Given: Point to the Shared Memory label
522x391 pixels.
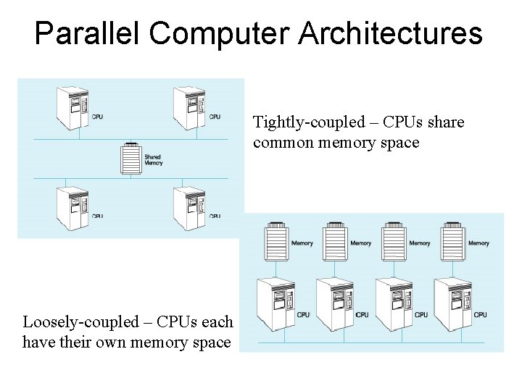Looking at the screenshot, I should click(153, 159).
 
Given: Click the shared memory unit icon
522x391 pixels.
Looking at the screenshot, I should click(130, 158).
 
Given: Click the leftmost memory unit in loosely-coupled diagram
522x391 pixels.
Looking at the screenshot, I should click(275, 237).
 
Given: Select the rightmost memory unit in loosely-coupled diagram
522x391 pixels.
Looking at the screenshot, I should click(452, 237).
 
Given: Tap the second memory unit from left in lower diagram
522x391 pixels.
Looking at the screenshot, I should click(334, 237).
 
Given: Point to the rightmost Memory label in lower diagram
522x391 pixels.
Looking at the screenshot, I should click(478, 243).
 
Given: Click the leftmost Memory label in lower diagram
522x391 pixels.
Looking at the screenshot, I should click(302, 243).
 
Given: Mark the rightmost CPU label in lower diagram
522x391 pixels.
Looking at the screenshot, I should click(480, 314).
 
